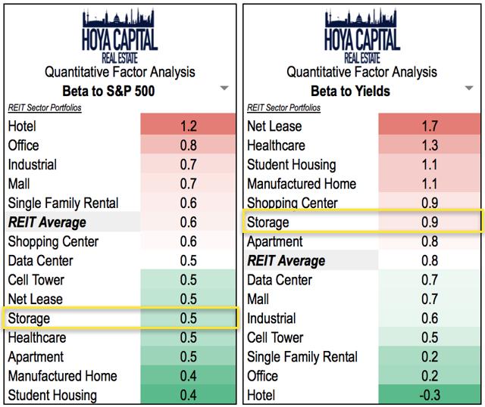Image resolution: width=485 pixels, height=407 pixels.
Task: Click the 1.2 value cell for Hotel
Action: (189, 126)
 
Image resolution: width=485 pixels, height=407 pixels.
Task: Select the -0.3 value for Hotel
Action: (429, 395)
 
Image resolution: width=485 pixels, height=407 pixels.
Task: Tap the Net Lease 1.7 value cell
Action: (429, 126)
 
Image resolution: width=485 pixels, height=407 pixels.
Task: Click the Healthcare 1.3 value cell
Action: (429, 145)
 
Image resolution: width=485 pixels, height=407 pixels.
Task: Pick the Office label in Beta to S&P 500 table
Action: (23, 145)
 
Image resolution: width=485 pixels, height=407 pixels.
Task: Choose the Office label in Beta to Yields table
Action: (263, 376)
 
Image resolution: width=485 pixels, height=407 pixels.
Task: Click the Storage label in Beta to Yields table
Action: (268, 222)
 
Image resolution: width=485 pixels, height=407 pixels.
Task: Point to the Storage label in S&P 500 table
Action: (29, 318)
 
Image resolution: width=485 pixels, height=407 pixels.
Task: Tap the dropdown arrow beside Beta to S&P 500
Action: (224, 89)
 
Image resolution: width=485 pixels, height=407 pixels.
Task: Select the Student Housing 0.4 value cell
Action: (189, 395)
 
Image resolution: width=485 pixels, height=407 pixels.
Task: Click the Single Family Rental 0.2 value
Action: (429, 357)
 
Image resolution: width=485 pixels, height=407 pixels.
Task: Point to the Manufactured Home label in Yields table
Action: (302, 184)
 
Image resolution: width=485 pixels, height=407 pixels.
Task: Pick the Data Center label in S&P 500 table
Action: (41, 261)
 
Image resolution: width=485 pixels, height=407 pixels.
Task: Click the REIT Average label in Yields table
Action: (286, 261)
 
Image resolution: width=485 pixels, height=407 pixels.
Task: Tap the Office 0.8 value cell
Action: (189, 145)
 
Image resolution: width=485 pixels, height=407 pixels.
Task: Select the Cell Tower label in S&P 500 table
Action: (36, 280)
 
